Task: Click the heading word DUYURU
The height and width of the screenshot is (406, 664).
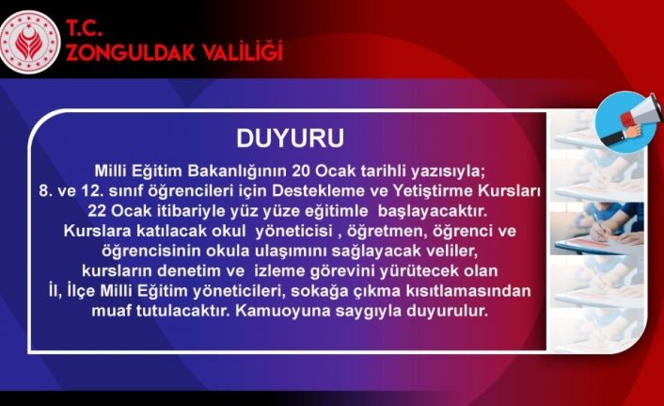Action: click(x=290, y=138)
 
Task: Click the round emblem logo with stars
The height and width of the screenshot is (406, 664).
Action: click(x=30, y=42)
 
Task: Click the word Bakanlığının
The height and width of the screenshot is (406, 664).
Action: click(x=238, y=171)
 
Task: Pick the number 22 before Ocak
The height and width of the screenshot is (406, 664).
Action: click(x=97, y=211)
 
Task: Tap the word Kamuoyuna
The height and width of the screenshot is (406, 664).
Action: click(x=283, y=312)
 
